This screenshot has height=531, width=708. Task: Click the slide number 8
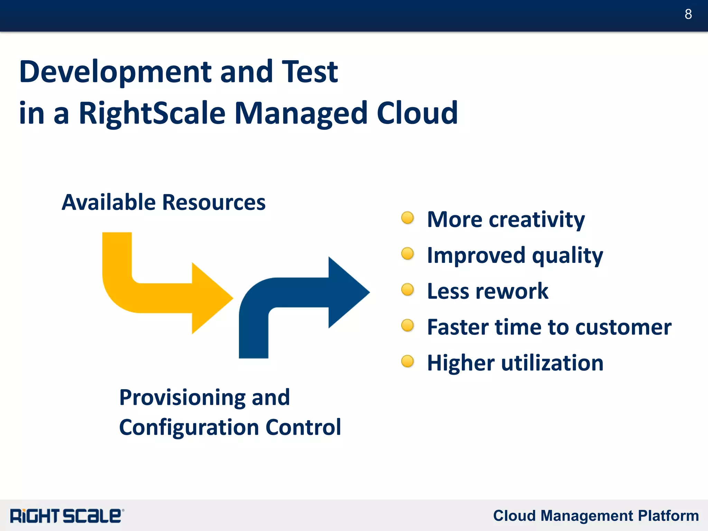coord(688,15)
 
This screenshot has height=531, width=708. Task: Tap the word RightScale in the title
coord(152,113)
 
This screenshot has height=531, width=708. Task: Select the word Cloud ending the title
coord(417,113)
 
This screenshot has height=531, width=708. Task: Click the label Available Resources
coord(164,202)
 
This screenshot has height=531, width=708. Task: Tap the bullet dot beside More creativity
coord(408,218)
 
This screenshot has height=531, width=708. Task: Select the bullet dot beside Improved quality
coord(408,254)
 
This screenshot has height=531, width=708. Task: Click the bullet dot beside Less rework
coord(408,290)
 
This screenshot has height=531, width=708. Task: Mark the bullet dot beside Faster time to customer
coord(408,326)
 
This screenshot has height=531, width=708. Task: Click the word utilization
coord(552,363)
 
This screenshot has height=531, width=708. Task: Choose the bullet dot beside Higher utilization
coord(408,361)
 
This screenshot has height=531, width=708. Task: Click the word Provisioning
coord(181,398)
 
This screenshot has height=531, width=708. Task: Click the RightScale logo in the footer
coord(67,516)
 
